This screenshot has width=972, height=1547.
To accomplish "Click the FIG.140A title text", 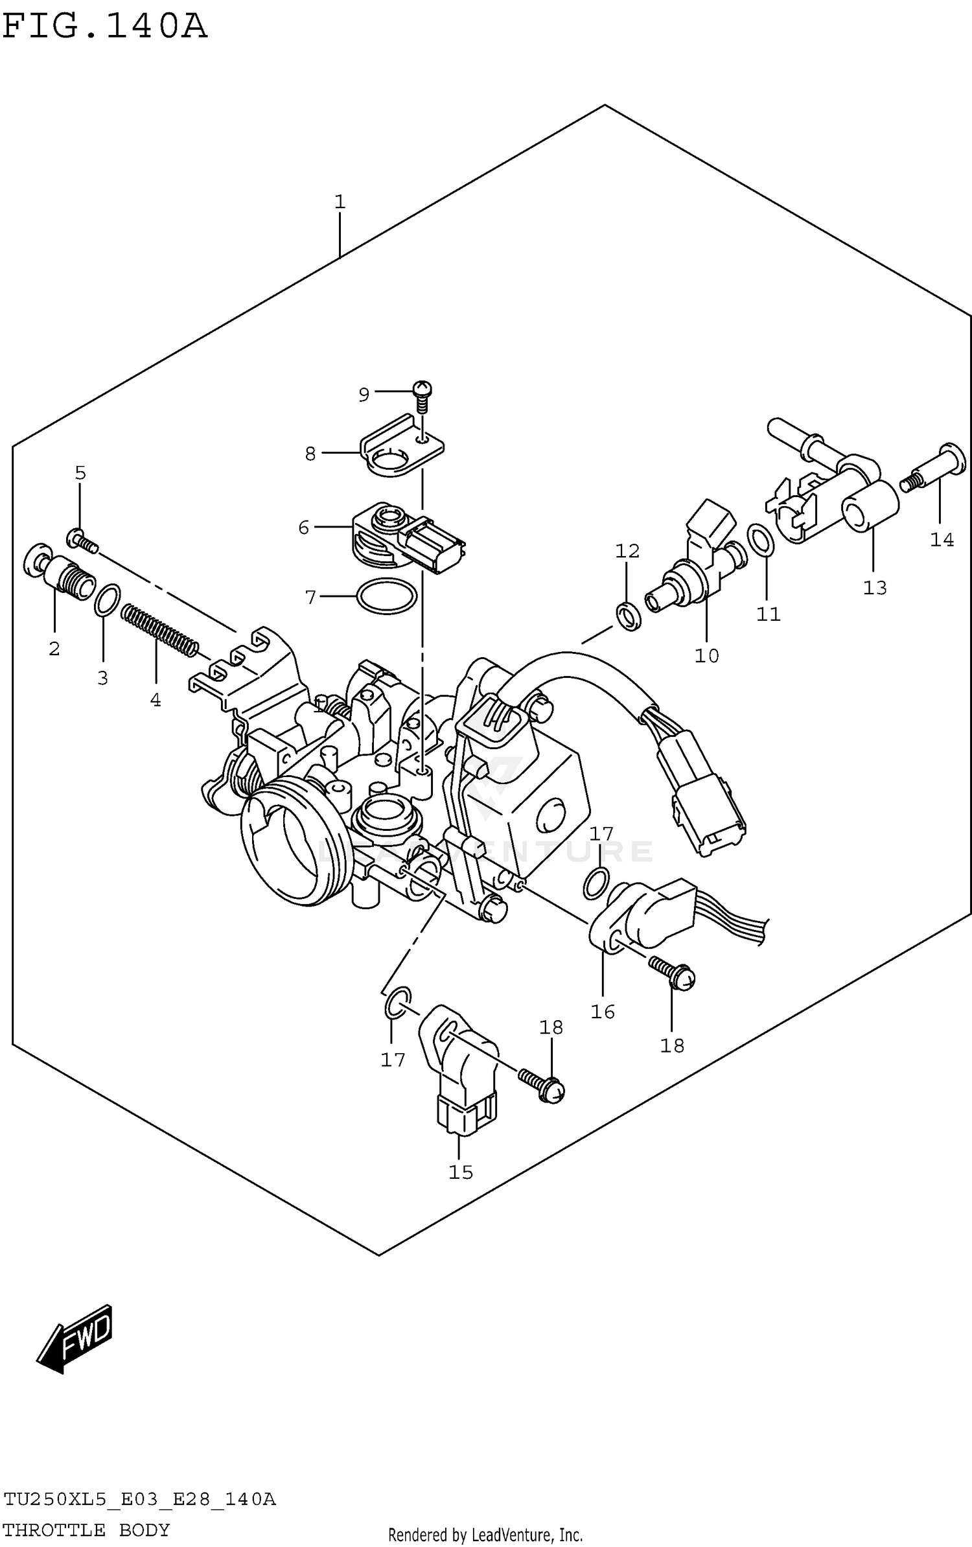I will (x=105, y=27).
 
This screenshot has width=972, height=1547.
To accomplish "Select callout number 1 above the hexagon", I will (x=340, y=202).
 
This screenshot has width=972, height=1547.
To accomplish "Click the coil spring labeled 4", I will (x=159, y=629).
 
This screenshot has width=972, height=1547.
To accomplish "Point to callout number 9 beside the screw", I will (x=364, y=394).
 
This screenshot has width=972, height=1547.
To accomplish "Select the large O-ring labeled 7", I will (x=387, y=596).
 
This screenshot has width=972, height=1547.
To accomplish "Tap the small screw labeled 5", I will (x=82, y=540).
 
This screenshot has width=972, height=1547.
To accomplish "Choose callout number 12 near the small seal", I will (x=627, y=551).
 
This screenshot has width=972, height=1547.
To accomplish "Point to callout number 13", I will (x=874, y=588).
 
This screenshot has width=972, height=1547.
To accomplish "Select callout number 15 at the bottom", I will (x=461, y=1172).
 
